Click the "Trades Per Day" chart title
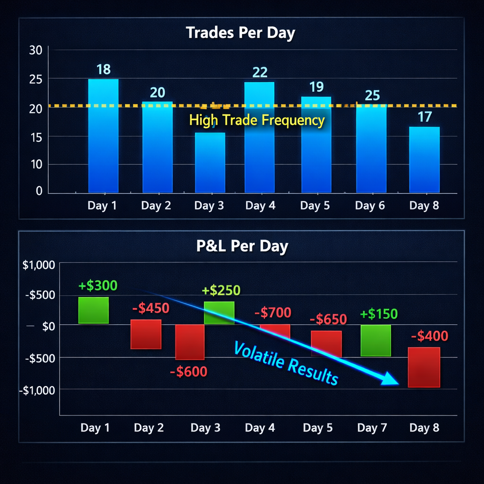[240, 33]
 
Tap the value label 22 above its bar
[260, 72]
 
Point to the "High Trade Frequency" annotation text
[257, 120]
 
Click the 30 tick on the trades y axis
[36, 50]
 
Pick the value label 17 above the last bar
[424, 116]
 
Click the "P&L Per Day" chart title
[242, 246]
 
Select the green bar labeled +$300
[94, 310]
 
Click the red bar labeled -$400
[424, 367]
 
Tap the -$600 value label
[189, 372]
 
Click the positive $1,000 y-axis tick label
[39, 265]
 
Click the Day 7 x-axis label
[372, 428]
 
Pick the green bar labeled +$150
[376, 340]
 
